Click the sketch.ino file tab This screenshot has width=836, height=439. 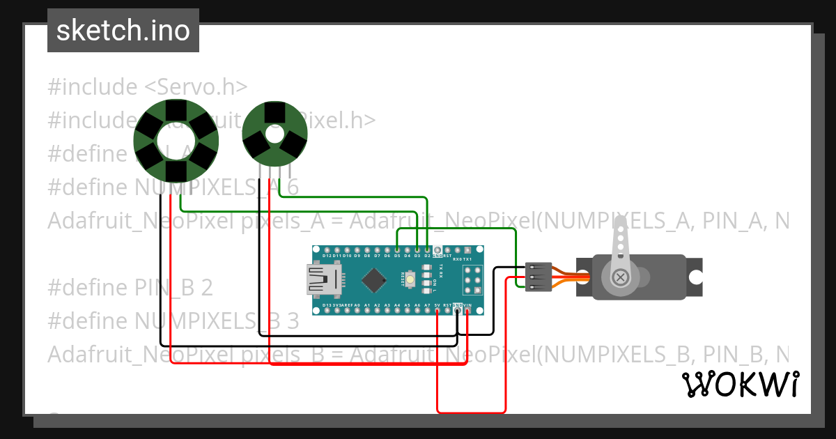(123, 31)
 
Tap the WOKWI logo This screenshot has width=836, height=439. (740, 384)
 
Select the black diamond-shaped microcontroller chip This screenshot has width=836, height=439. (374, 280)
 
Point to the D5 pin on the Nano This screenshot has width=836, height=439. (397, 249)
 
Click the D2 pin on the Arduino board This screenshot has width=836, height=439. (427, 249)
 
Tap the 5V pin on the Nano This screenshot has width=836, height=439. (437, 311)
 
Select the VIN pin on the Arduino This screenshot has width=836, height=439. (467, 311)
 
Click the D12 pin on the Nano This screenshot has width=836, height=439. (327, 249)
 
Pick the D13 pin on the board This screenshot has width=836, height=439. (327, 311)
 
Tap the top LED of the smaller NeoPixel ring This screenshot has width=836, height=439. (274, 111)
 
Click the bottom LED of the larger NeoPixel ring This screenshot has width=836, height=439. (176, 171)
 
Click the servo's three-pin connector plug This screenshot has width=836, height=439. (539, 277)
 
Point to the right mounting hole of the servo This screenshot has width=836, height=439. (695, 277)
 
